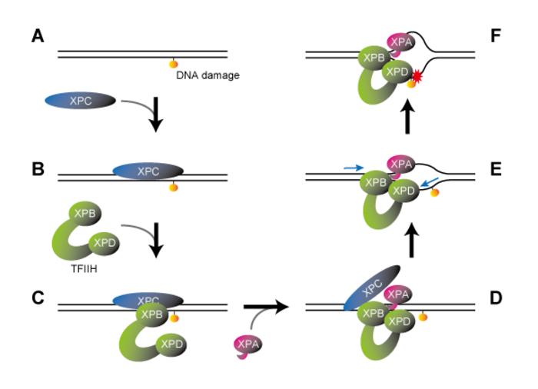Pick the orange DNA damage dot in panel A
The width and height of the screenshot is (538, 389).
[x=174, y=64]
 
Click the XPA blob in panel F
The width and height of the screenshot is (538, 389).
[x=400, y=43]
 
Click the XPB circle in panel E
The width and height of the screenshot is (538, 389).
[x=376, y=185]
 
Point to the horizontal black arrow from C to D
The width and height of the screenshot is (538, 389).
[x=265, y=307]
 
